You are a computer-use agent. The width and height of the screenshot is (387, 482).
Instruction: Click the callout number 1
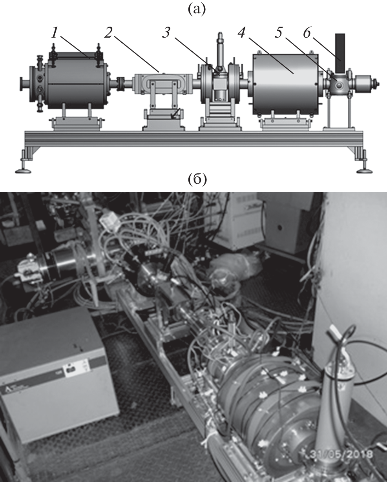coord(55,33)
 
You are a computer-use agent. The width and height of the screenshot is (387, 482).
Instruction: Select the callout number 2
coord(108,33)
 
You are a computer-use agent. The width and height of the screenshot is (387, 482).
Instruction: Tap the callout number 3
coord(166,33)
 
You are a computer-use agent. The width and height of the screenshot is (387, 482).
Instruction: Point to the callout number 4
coord(242,33)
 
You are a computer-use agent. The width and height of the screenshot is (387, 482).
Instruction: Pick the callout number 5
coord(279,33)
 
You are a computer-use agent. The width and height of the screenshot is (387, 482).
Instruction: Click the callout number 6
coord(307,33)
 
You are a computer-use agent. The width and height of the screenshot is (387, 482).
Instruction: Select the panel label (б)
coord(197,180)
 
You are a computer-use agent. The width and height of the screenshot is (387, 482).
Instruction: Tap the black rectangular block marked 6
coord(340,53)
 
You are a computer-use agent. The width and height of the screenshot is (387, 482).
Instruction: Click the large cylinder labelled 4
coord(285,84)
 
